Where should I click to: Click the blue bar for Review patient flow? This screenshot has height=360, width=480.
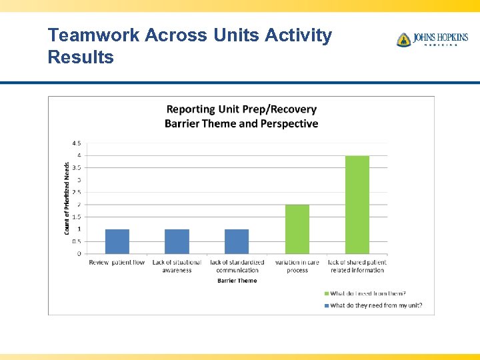(117, 241)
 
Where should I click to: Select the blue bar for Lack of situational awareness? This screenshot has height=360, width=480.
(177, 241)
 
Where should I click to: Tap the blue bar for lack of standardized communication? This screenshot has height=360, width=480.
(237, 241)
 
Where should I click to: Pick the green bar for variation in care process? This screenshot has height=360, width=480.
(297, 229)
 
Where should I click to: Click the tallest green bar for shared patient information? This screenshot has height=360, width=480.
(357, 205)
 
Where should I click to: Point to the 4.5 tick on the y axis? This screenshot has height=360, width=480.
(77, 143)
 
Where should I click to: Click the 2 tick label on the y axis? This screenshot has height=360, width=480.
(79, 205)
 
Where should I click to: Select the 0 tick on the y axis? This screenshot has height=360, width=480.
(79, 254)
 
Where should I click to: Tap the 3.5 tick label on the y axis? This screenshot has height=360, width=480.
(77, 168)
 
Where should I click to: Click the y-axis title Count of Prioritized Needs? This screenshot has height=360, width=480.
(67, 199)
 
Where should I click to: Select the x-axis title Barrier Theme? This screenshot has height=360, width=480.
(237, 281)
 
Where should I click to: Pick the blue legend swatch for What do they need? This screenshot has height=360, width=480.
(327, 306)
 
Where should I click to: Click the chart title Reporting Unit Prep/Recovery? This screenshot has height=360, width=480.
(241, 109)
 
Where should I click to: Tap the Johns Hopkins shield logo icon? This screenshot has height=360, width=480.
(403, 40)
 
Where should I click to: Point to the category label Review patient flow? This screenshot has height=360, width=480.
(117, 263)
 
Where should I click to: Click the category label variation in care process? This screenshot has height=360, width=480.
(297, 266)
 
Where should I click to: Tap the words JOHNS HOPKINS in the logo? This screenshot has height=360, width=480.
(440, 37)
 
